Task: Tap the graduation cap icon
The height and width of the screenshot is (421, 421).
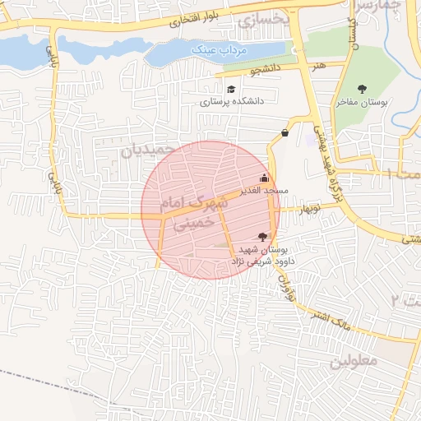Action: [231, 89]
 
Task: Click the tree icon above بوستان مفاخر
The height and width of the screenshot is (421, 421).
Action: [362, 89]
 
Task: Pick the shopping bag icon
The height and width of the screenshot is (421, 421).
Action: [285, 132]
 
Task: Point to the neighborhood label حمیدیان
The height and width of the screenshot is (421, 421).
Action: [149, 150]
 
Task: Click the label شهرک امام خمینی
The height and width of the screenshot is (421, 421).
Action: [194, 211]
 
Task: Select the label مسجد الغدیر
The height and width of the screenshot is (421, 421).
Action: [264, 190]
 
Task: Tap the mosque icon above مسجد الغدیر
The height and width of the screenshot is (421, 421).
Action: [263, 178]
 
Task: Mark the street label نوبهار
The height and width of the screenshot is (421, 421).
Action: [309, 209]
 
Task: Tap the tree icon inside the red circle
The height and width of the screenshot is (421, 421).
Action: [262, 237]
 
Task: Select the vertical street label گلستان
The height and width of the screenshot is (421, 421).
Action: [355, 35]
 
